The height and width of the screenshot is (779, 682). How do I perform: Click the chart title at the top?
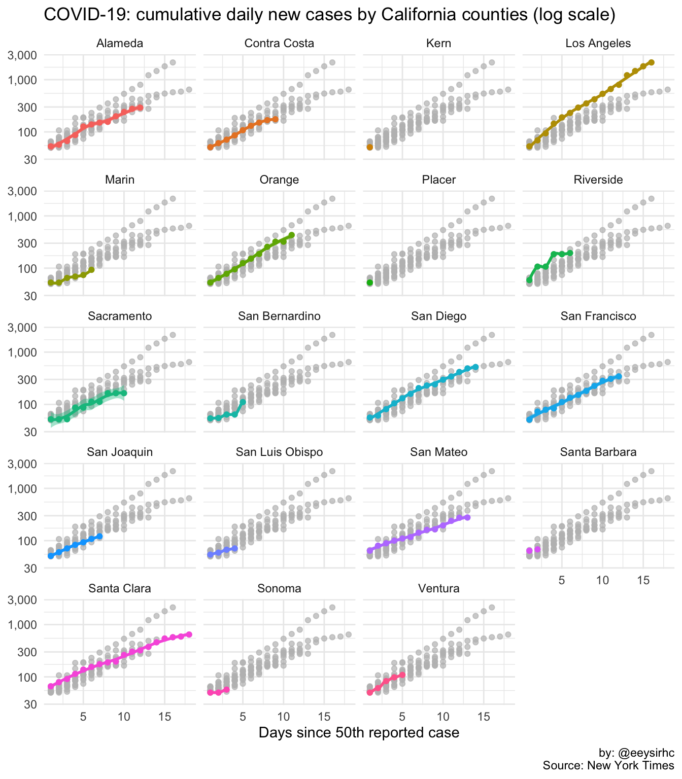click(330, 14)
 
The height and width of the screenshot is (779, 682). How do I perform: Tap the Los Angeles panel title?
click(598, 44)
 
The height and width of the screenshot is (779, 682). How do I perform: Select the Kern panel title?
click(439, 44)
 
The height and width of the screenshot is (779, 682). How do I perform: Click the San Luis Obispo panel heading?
click(279, 452)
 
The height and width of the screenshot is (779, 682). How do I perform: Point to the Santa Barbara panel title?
click(598, 452)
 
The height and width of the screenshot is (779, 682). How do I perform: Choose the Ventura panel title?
click(439, 588)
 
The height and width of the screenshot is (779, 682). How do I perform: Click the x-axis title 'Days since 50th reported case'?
click(359, 732)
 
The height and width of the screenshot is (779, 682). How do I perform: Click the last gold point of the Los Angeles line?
click(652, 62)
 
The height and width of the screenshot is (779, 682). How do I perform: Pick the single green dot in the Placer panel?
click(370, 282)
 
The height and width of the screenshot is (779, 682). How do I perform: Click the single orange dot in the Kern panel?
click(370, 147)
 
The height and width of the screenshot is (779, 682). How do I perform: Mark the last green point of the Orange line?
click(292, 235)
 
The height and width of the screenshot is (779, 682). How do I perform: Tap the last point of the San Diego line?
click(475, 367)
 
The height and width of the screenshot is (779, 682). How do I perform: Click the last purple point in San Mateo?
click(467, 517)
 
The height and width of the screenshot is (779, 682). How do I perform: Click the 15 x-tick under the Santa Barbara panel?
click(643, 580)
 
